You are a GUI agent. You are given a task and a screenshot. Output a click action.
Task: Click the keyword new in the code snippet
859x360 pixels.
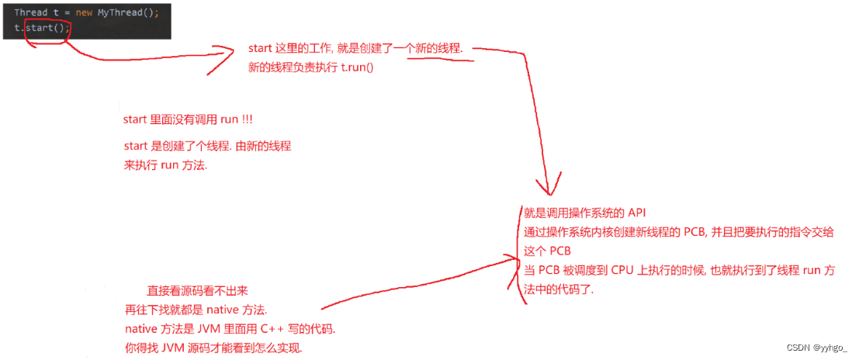pos(83,12)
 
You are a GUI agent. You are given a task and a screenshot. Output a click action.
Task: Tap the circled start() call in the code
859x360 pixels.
pos(46,27)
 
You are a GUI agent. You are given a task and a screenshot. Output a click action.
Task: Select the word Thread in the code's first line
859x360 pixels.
pos(31,12)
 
